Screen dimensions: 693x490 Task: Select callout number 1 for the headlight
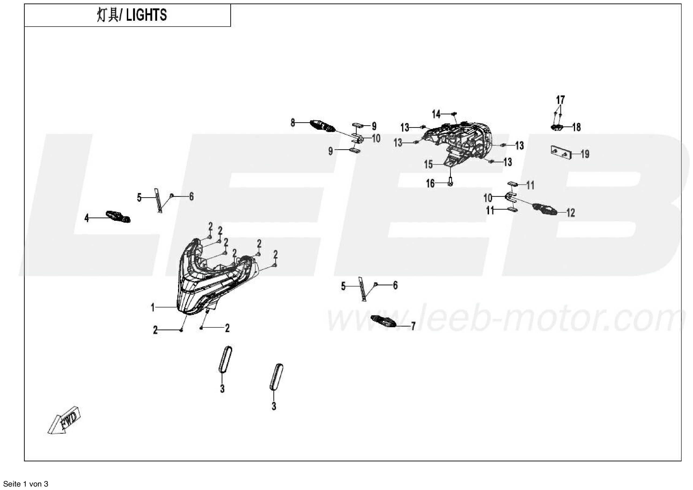tap(153, 308)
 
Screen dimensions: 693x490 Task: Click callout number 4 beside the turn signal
tap(87, 218)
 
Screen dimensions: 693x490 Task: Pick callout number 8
tap(293, 123)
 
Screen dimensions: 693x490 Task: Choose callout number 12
tap(570, 213)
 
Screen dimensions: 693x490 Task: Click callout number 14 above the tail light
tap(436, 114)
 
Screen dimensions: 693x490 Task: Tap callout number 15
tap(428, 165)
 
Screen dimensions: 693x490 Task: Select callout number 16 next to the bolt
tap(430, 183)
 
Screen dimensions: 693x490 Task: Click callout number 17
tap(560, 100)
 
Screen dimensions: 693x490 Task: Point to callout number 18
tap(576, 127)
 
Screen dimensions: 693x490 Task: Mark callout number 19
tap(585, 154)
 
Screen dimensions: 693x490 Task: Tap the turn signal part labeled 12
tap(545, 209)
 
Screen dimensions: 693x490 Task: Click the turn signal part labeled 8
tap(323, 126)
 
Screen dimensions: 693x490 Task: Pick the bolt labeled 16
tap(450, 181)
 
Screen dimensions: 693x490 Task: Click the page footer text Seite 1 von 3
tap(26, 484)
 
